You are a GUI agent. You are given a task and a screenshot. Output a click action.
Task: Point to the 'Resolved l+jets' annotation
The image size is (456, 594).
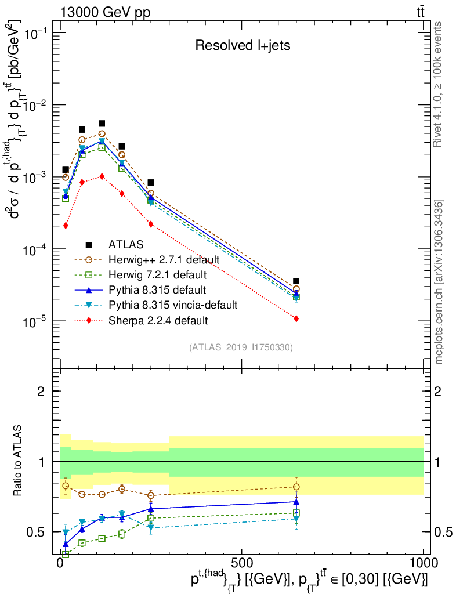(x=242, y=45)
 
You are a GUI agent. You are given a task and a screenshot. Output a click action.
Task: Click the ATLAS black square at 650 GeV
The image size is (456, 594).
(x=296, y=281)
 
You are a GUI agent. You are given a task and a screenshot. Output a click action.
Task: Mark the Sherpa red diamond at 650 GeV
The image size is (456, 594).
(x=296, y=318)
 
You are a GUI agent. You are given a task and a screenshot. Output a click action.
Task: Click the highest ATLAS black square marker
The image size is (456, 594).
(x=102, y=123)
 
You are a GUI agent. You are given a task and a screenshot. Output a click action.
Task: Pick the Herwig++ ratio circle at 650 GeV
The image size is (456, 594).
(x=296, y=487)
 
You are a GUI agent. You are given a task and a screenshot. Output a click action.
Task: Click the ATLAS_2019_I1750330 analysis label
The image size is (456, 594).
(x=241, y=347)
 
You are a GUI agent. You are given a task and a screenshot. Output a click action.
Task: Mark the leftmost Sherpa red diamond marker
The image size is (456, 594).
(x=66, y=225)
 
